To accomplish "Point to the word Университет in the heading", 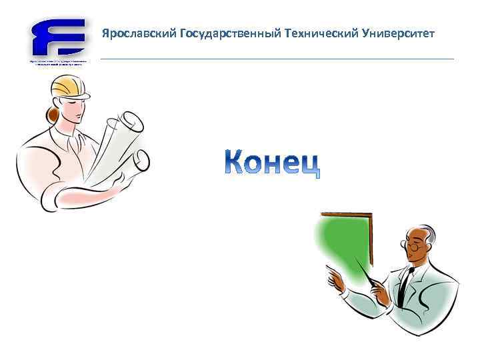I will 397,33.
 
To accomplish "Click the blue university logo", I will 58,39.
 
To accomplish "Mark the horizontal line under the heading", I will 277,59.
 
